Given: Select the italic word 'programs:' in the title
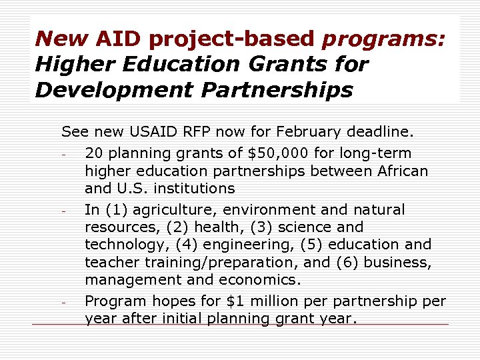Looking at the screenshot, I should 383,39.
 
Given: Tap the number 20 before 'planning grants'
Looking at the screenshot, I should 94,153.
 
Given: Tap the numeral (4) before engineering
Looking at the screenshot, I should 184,245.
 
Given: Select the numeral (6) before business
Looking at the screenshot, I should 343,262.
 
